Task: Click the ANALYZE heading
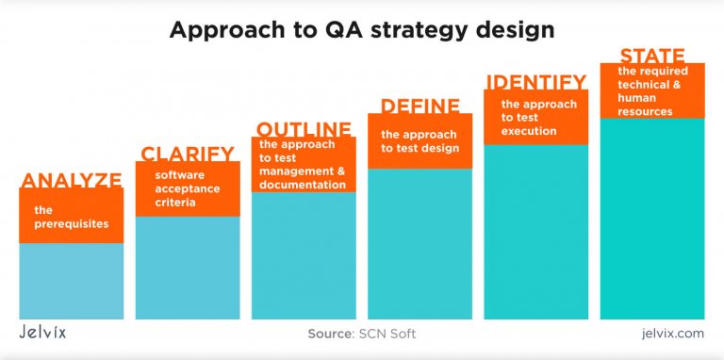pos(72,180)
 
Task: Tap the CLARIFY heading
pos(188,154)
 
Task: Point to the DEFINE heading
pos(420,106)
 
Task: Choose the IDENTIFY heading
pos(535,82)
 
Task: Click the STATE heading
pos(651,56)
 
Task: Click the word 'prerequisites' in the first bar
pos(71,225)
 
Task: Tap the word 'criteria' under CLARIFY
pos(176,203)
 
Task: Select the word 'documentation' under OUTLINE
pos(302,185)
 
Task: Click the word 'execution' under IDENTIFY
pos(529,131)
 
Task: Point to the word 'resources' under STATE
pos(645,111)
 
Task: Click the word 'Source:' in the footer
pos(331,334)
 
